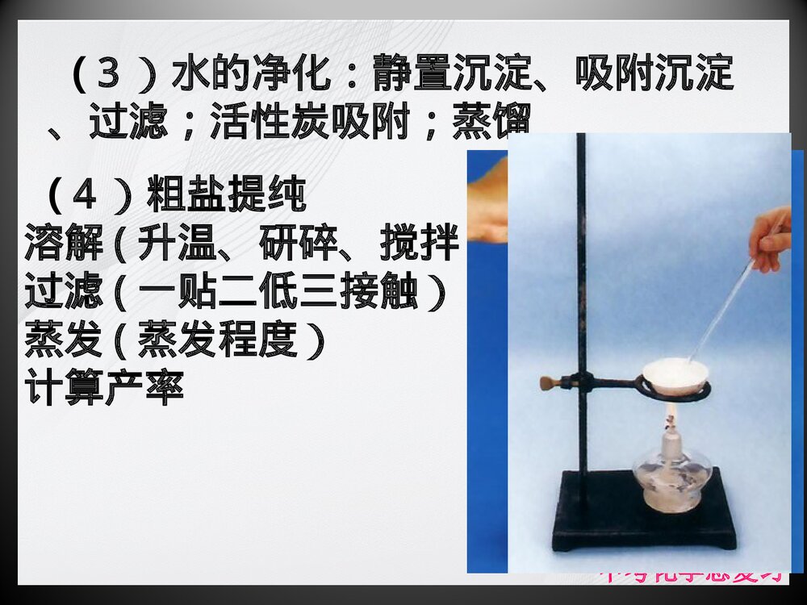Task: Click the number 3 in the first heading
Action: pyautogui.click(x=108, y=75)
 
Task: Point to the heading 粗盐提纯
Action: pyautogui.click(x=226, y=194)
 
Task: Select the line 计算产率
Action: pyautogui.click(x=105, y=388)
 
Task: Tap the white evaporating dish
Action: pyautogui.click(x=675, y=374)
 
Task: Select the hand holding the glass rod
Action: pyautogui.click(x=771, y=238)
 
